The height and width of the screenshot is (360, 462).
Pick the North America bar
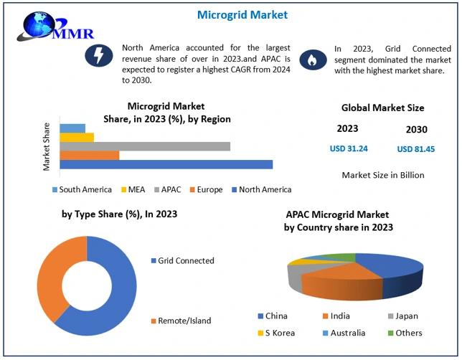[166, 164]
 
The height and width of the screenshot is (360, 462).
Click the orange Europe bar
[89, 155]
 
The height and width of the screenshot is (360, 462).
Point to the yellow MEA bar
[76, 137]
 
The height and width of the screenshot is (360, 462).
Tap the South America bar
[72, 128]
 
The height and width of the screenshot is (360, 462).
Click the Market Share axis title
[47, 146]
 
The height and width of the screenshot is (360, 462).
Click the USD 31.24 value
[348, 148]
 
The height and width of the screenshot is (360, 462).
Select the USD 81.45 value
[416, 149]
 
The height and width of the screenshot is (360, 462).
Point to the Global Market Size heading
[382, 108]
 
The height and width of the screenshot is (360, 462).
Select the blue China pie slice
[391, 269]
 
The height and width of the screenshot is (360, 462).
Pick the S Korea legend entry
[277, 333]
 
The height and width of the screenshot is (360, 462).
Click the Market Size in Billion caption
[382, 175]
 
